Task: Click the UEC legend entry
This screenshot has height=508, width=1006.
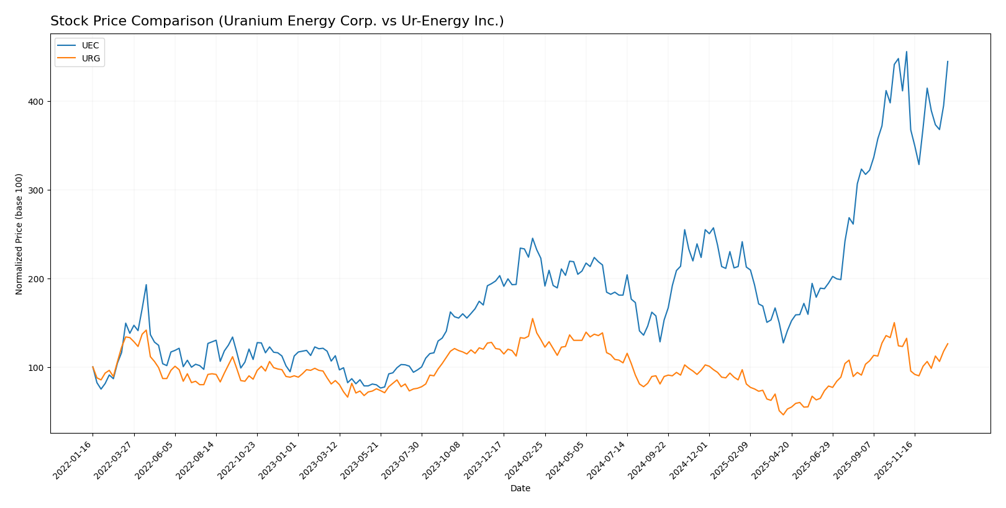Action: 90,46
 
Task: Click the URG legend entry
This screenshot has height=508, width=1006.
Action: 91,59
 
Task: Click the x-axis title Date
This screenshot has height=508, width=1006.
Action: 520,489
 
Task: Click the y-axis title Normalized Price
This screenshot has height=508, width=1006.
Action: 19,234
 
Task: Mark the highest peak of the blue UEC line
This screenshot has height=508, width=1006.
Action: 906,51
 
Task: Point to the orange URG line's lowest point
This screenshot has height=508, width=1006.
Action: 783,414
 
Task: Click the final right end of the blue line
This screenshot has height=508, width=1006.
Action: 948,61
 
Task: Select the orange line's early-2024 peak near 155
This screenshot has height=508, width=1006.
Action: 532,319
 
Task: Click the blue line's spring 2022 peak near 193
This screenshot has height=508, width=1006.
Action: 146,285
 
